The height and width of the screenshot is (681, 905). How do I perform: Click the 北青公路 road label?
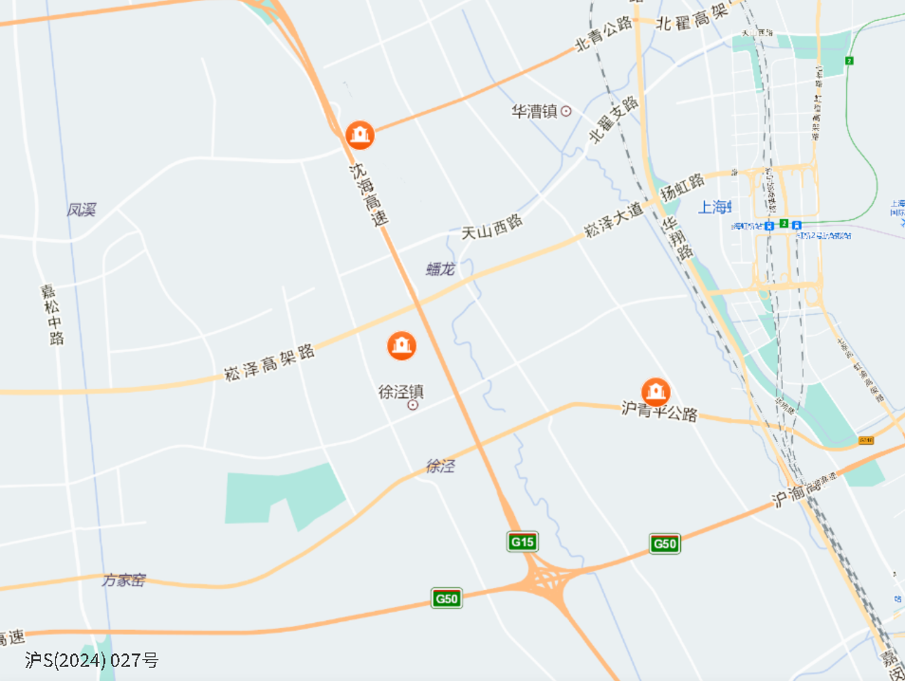click(604, 35)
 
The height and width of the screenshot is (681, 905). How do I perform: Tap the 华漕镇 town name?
click(533, 111)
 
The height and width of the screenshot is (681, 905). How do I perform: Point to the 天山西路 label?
click(492, 226)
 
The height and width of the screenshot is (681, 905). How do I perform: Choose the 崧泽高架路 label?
click(269, 361)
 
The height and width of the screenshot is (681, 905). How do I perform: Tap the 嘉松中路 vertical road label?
click(52, 314)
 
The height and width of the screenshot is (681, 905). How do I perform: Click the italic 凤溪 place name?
click(82, 209)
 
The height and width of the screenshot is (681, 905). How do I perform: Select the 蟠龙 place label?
click(440, 268)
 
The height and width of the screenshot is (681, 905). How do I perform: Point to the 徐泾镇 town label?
click(401, 391)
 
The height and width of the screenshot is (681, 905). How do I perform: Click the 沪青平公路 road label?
click(659, 413)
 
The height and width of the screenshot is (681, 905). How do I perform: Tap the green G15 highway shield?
click(523, 542)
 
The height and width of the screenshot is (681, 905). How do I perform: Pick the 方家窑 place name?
click(124, 580)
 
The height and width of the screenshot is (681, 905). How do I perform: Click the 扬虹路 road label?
click(683, 186)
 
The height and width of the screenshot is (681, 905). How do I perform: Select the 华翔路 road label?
click(676, 241)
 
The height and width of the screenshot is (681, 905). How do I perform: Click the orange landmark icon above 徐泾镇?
click(402, 344)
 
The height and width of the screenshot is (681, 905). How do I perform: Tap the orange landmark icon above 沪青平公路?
click(656, 391)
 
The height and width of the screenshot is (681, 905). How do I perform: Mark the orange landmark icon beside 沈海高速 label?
click(360, 135)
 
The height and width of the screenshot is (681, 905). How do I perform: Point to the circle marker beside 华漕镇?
click(566, 111)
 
